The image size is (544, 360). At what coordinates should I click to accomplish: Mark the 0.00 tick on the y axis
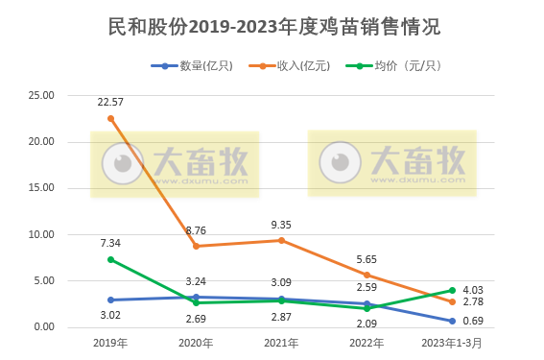pos(43,327)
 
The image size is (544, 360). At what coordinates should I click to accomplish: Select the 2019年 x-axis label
pos(110,343)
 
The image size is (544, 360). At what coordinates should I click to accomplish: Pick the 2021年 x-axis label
pos(281,343)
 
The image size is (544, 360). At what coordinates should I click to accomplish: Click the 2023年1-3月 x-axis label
pos(451,343)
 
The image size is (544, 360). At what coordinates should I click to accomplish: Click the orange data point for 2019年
pos(110,118)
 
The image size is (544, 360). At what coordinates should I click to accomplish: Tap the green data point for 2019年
pos(110,259)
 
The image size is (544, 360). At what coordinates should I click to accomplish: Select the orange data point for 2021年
pos(281,240)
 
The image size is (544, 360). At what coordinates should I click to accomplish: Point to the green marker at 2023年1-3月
pos(452,290)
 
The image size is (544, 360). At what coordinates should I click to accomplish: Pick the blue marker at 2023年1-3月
pos(452,321)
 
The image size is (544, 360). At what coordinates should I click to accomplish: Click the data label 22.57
pos(110,101)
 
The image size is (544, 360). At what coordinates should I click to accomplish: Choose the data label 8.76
pos(196,229)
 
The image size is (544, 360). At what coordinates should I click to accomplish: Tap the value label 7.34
pos(110,243)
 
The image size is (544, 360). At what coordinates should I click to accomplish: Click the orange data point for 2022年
pos(367,275)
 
